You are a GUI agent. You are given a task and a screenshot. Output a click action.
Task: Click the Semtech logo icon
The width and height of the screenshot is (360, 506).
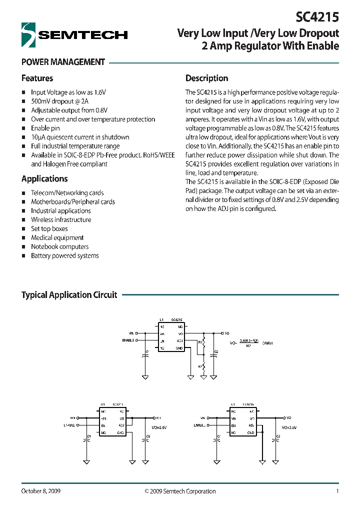pos(28,35)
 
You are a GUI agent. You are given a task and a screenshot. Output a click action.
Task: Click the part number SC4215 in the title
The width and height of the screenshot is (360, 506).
pos(317,17)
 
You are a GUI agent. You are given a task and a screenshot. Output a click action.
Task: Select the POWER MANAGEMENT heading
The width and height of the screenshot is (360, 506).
pos(63,62)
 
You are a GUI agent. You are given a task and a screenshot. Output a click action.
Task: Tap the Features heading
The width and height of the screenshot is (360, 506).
pos(37,78)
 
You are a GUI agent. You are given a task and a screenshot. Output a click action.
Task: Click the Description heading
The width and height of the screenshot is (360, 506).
pos(206,78)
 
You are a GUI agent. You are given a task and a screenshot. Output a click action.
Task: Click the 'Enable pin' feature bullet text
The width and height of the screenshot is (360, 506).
pos(45,128)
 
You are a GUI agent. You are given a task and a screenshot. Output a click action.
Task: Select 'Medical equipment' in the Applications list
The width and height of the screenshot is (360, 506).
pos(57,237)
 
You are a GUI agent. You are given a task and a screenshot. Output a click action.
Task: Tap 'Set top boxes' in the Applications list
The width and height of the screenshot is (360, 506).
pos(49,228)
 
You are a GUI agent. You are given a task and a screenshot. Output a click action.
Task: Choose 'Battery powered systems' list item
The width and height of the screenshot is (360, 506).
pos(64,255)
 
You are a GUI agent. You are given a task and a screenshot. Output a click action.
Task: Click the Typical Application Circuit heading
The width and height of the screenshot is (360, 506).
pos(69,295)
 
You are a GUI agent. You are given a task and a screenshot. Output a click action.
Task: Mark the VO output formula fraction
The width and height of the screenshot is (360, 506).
pos(248,342)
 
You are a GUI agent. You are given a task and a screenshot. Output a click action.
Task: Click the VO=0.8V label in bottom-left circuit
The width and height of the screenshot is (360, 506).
pos(159,427)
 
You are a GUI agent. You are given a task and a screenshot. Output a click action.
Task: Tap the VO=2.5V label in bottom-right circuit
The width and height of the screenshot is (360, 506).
pos(289,427)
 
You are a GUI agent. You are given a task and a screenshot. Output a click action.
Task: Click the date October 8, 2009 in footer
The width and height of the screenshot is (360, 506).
pos(41,491)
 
